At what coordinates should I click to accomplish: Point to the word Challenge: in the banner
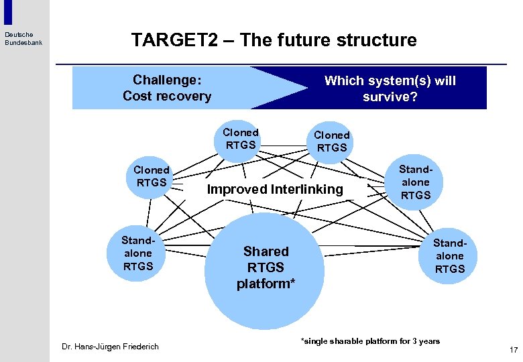167,80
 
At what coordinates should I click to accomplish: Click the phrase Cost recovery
167,96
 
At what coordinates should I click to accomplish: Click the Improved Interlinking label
275,190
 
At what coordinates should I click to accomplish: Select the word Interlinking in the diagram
306,190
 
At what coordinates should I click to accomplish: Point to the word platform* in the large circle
266,284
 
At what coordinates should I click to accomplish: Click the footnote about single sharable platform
370,341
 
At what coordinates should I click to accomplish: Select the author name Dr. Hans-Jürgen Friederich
110,347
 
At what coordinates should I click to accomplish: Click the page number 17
514,350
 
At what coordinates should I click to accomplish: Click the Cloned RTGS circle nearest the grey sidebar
152,176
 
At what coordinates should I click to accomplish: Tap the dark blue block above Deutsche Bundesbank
8,12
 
